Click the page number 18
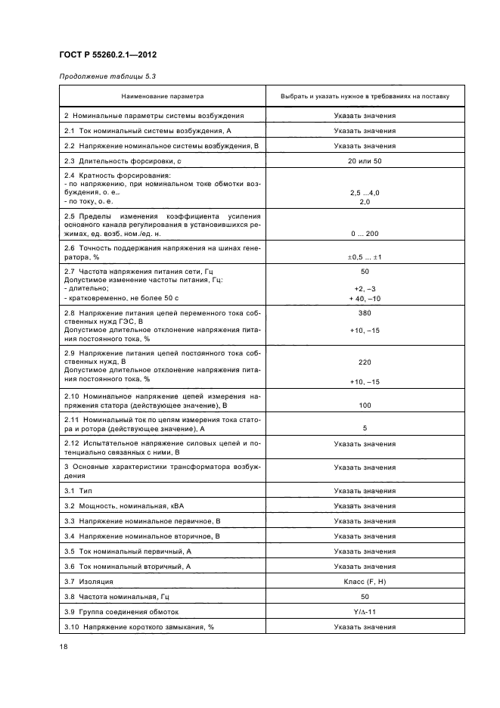point(64,646)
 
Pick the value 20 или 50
point(365,161)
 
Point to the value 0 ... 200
point(365,234)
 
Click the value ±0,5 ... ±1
point(365,257)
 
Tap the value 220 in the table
point(365,362)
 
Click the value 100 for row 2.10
point(365,405)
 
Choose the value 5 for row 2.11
point(365,427)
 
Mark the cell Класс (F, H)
point(365,582)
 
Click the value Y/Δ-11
point(365,612)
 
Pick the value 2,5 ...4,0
point(365,193)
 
